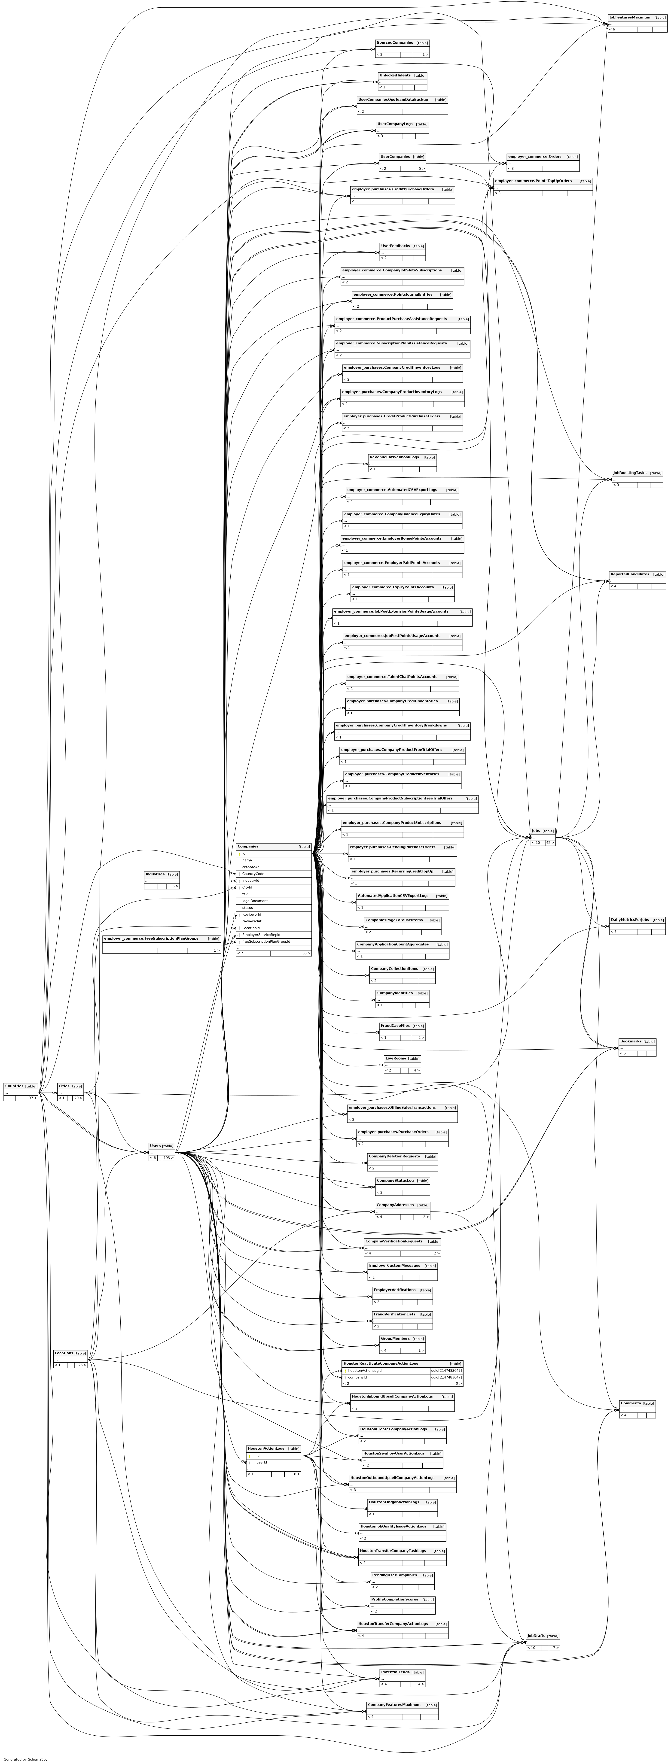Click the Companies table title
pos(248,846)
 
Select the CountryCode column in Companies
pos(253,874)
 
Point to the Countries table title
pos(14,1086)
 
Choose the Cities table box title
pos(64,1086)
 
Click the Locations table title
pos(64,1353)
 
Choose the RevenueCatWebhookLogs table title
pos(394,457)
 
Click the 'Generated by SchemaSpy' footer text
pos(25,1758)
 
